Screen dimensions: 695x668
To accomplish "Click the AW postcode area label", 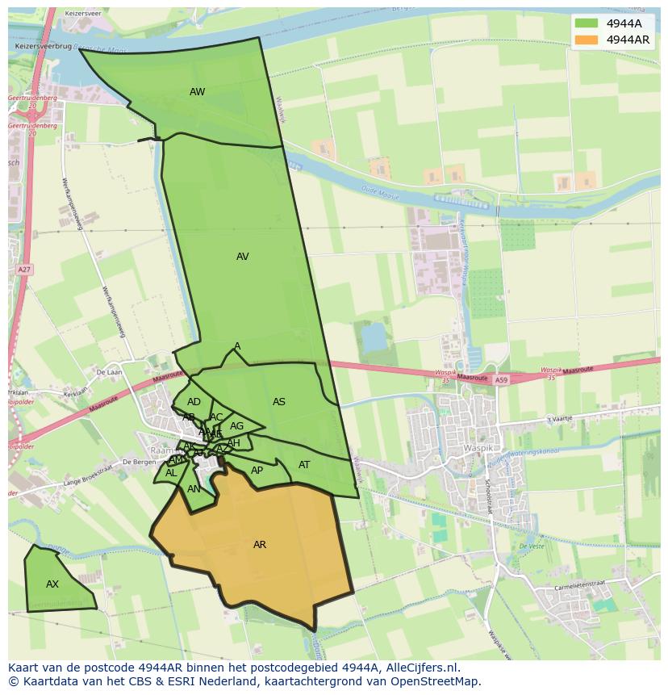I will (197, 92).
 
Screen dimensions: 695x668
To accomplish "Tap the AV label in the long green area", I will (242, 257).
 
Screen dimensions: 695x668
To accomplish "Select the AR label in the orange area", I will (259, 545).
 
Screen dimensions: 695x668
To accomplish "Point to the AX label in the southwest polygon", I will (52, 584).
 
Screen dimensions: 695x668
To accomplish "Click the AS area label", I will (278, 402).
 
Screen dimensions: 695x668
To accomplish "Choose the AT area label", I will (304, 465).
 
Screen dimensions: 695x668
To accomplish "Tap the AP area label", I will (257, 471).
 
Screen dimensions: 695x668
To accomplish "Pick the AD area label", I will (194, 402).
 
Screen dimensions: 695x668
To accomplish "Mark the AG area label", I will (236, 426).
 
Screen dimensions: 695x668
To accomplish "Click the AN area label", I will (194, 489).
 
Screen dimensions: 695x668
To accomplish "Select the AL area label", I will (171, 473).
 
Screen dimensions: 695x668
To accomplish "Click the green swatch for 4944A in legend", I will (587, 23).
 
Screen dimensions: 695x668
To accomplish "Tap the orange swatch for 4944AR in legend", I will (587, 40).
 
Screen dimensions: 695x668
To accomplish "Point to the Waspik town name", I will (477, 448).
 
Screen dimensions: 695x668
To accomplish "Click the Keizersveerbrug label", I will (44, 48).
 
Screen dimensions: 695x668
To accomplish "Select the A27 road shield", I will (23, 270).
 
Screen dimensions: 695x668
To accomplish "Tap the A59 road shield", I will (502, 379).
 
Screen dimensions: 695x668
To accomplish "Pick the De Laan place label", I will (107, 372).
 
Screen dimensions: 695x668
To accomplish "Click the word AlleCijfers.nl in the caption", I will (420, 668).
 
